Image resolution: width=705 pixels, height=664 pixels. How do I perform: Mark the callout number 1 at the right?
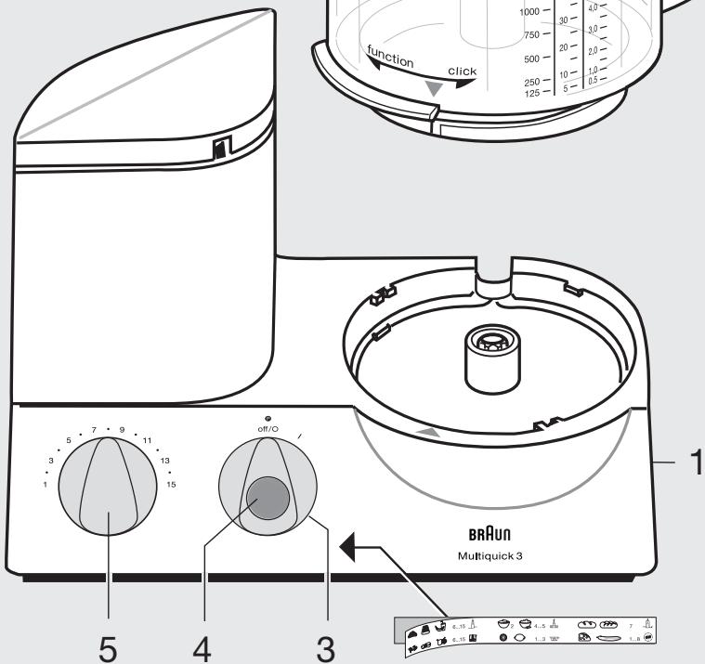[692, 461]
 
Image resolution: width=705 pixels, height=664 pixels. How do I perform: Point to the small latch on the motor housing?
[220, 148]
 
